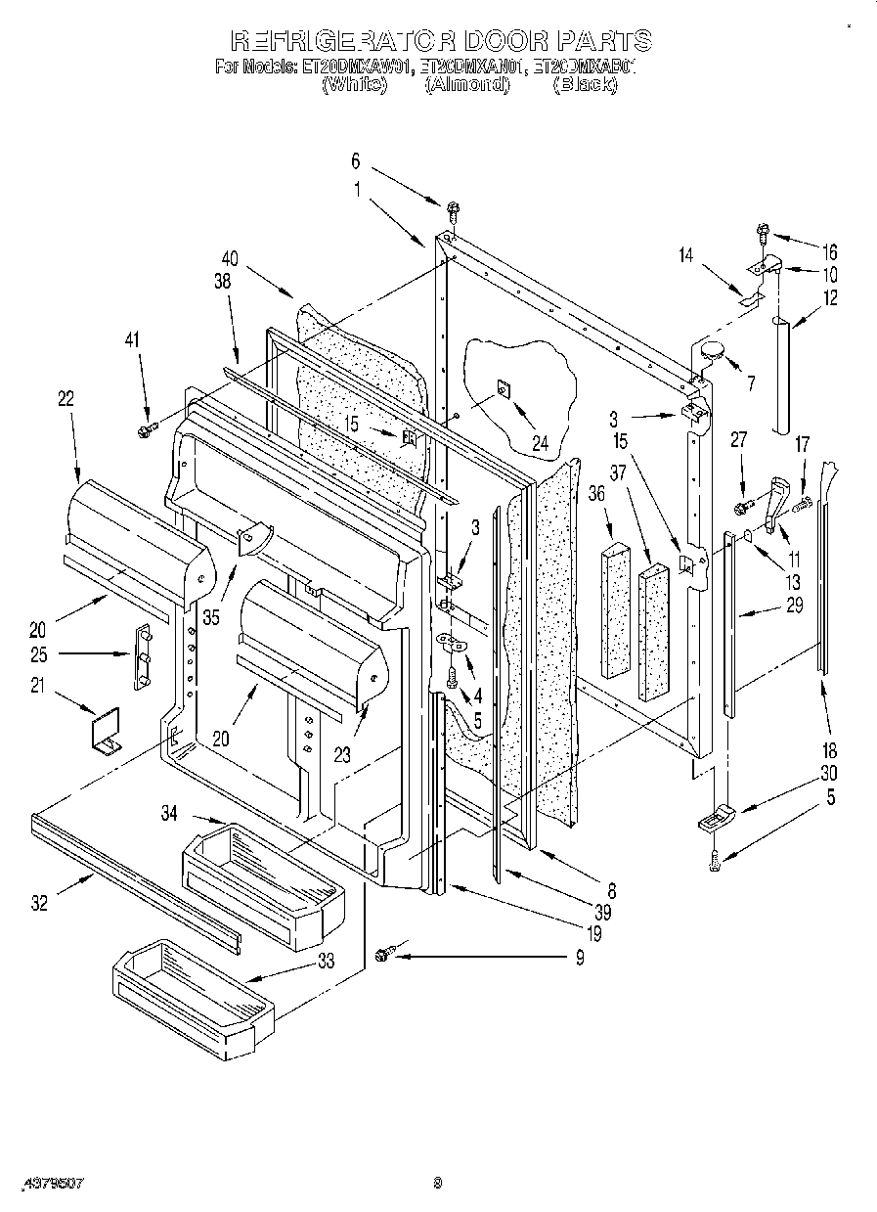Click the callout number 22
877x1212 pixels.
[66, 398]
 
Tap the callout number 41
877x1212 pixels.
[133, 339]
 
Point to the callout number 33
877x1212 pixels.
[325, 961]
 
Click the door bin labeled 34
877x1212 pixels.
[259, 862]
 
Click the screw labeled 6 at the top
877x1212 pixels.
[453, 208]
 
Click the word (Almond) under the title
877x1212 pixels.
[467, 85]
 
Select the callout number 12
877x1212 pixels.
[830, 298]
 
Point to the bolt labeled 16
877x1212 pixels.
[762, 233]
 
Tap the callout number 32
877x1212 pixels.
[39, 903]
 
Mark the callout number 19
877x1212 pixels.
[594, 934]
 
